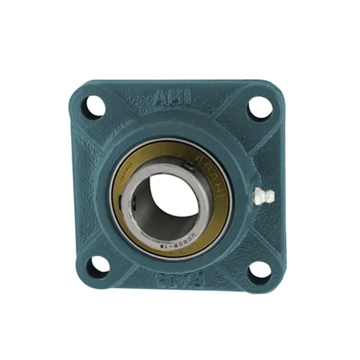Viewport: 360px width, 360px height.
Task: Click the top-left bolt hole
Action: (x=94, y=107)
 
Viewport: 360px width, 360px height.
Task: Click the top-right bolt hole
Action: (x=260, y=107)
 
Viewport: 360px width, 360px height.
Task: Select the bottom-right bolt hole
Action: (x=259, y=269)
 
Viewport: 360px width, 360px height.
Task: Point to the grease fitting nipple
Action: (x=262, y=196)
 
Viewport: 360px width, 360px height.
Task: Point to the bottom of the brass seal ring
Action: (x=174, y=251)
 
